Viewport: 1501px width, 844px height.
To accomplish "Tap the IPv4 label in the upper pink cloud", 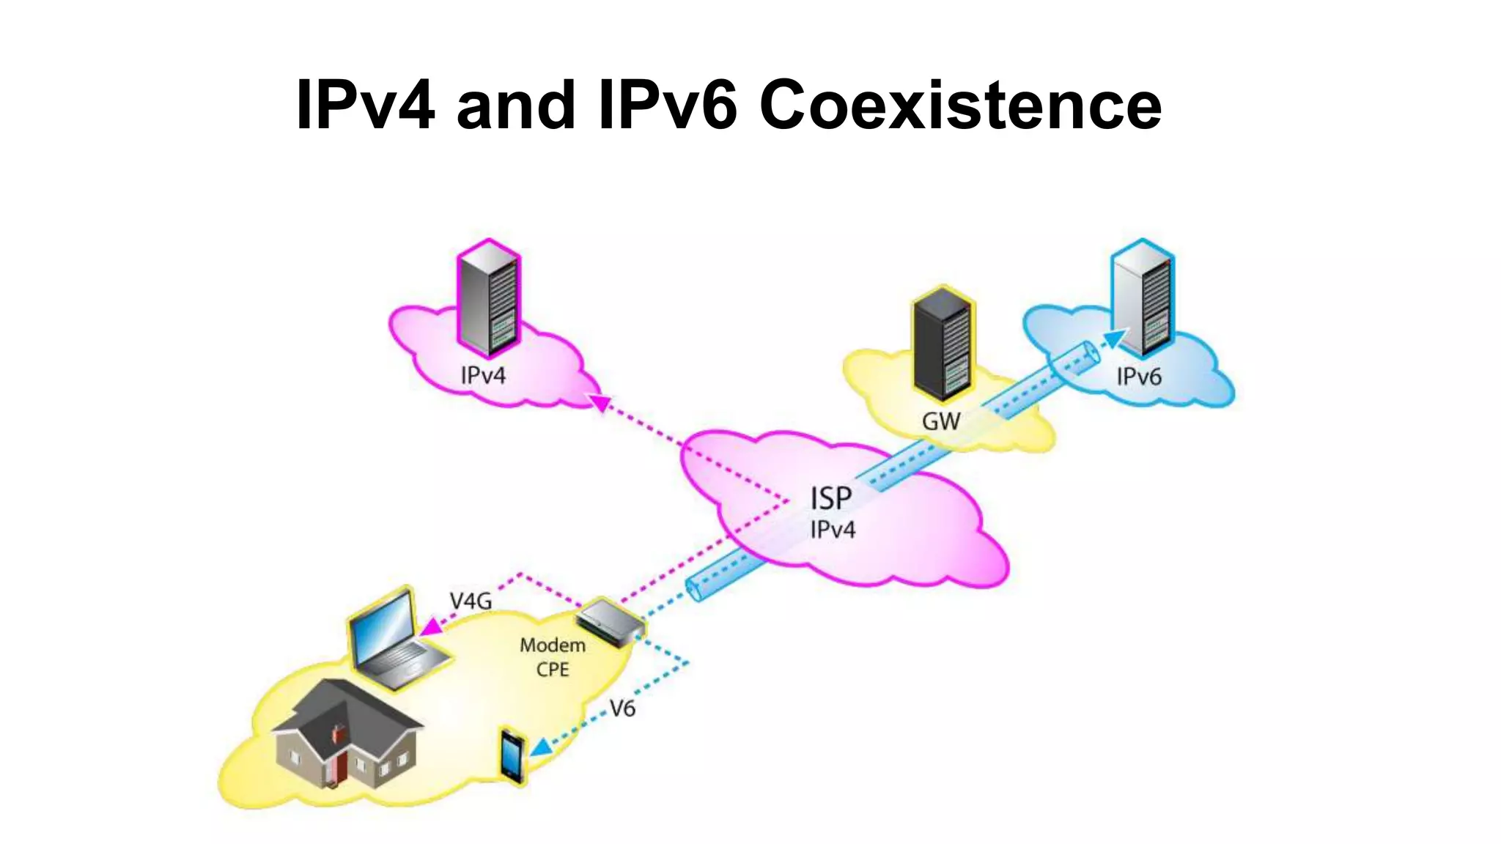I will click(483, 375).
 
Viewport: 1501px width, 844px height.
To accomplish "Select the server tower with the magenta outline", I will click(489, 299).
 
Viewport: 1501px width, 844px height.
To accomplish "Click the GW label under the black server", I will click(940, 421).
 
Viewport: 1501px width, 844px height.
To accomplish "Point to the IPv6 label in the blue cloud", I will click(1138, 377).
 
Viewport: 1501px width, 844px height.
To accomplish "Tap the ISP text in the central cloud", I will click(830, 499).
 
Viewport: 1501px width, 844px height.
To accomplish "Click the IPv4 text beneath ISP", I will click(833, 530).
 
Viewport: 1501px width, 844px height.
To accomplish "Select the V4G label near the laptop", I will click(471, 601).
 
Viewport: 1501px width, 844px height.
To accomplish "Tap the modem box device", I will click(610, 622).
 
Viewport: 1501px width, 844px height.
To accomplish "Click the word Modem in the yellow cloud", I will click(553, 645).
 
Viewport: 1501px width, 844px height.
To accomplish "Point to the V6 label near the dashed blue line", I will click(622, 708).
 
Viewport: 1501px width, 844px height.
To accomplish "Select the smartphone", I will click(512, 757).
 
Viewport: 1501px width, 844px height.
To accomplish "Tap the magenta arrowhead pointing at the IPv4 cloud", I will click(600, 402).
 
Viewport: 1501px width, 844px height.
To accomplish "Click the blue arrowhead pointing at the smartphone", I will click(541, 747).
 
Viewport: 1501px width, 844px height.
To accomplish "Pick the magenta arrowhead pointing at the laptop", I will click(432, 627).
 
